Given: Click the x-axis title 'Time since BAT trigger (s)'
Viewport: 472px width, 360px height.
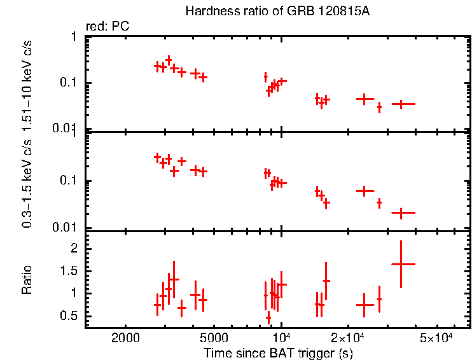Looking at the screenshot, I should (x=278, y=352).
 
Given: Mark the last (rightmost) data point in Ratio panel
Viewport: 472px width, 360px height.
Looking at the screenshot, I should (x=401, y=264).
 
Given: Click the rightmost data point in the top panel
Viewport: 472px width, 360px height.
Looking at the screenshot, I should (x=401, y=104).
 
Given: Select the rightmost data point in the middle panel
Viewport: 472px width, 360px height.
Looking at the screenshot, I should (x=401, y=213).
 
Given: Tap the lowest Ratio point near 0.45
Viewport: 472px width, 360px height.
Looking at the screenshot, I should (x=268, y=317).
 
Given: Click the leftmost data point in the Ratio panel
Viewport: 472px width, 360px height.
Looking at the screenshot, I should (x=157, y=305).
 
